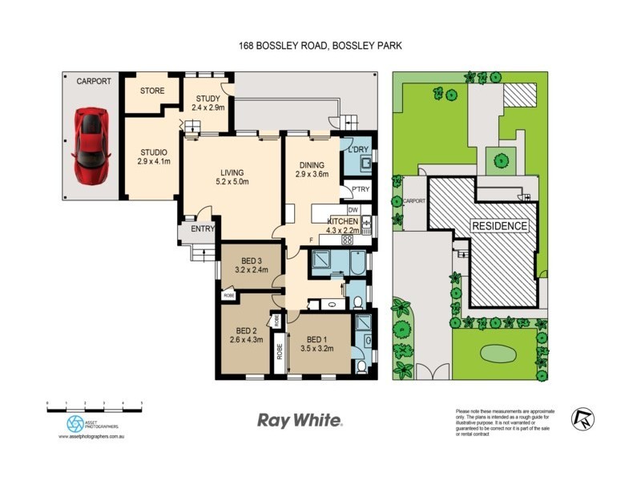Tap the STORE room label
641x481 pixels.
[x=151, y=91]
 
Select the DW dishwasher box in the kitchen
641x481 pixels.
[x=353, y=209]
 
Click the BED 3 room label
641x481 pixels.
[x=248, y=265]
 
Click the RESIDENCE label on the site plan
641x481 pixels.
[x=498, y=226]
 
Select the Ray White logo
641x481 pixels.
[x=299, y=420]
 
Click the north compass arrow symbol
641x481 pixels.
[x=582, y=418]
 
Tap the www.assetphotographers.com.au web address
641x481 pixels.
[x=95, y=437]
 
